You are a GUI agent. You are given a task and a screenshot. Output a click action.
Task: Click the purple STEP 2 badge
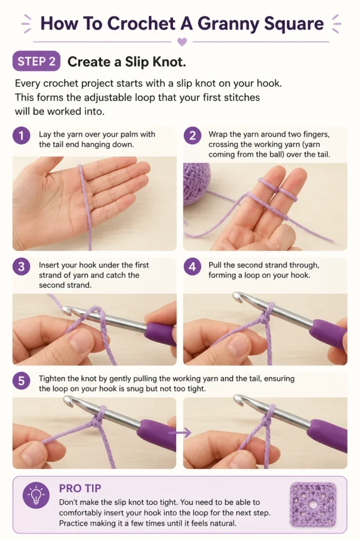coord(36,61)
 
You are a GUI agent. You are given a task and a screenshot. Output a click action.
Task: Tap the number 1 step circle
coord(21,136)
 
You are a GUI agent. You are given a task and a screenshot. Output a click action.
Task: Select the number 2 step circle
coord(192,136)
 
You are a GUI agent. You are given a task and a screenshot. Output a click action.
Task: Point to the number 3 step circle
coord(21,266)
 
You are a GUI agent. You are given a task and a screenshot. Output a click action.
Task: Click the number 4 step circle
coord(192,266)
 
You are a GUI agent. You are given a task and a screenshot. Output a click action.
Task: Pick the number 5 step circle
coord(21,381)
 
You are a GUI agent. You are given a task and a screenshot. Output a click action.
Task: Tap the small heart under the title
coord(182,42)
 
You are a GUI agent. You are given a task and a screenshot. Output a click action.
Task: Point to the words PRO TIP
coord(80,488)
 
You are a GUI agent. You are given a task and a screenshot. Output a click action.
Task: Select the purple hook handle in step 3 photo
coord(160,333)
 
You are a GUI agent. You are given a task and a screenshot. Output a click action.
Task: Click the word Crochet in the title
coord(141,24)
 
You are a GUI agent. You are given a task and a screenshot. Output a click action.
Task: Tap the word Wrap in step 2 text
coord(218,134)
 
